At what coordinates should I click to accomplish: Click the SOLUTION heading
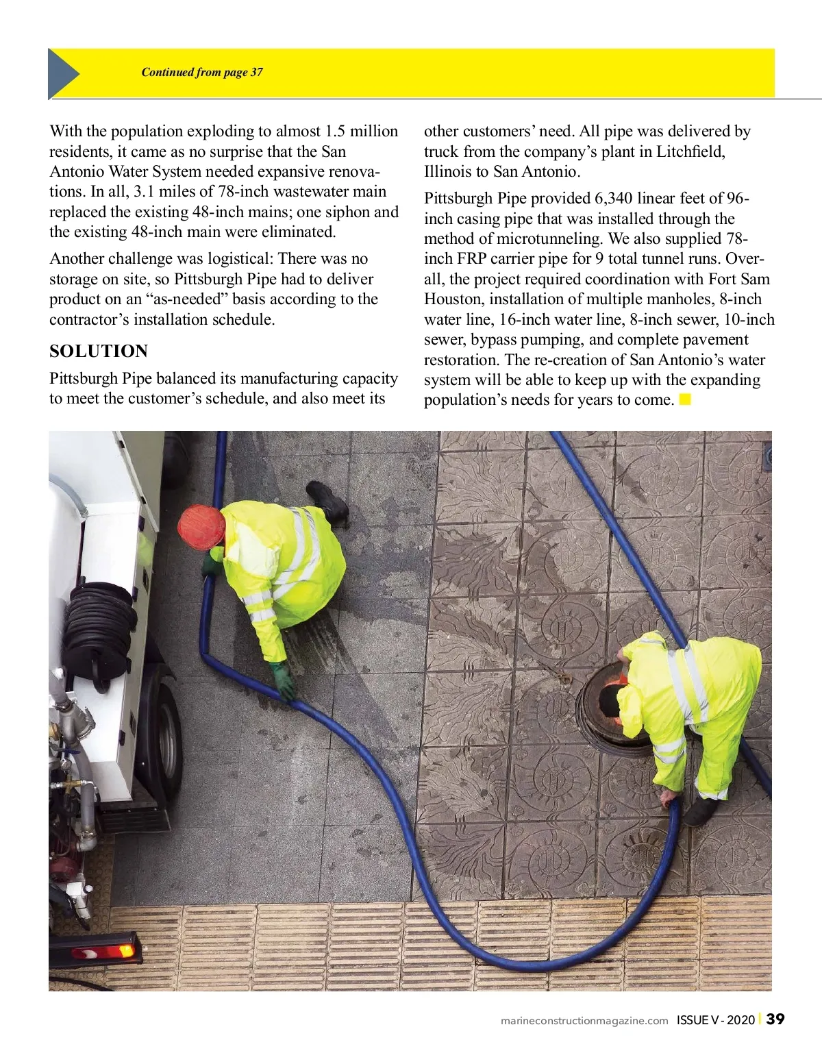99,351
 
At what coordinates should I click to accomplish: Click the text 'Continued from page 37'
202,72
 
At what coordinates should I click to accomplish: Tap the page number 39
775,1019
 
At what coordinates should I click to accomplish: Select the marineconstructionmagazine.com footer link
584,1020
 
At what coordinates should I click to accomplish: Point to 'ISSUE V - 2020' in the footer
715,1020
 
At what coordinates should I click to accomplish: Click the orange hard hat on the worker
201,526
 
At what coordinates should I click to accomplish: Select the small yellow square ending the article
685,399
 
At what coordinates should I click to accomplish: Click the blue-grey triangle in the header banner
62,73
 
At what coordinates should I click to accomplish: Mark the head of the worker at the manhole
610,700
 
